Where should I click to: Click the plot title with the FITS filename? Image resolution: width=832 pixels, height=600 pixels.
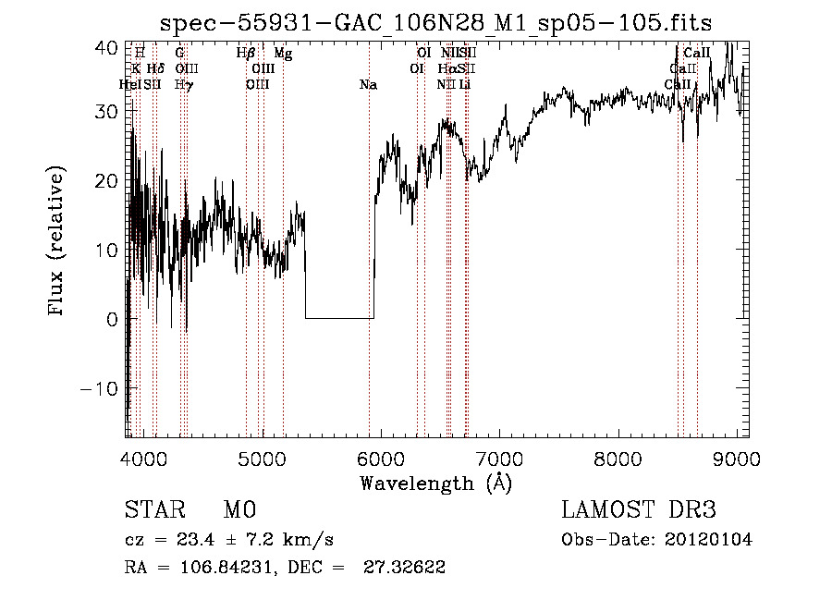436,22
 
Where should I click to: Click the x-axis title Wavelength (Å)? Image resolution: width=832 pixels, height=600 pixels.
435,483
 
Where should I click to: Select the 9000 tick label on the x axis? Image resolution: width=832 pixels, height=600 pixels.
736,458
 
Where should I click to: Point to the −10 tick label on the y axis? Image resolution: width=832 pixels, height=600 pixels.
101,388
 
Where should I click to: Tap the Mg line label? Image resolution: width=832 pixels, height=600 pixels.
283,55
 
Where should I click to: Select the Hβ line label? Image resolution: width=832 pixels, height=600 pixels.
245,55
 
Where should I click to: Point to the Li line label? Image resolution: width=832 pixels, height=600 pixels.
465,85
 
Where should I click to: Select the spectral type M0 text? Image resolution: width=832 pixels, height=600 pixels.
239,509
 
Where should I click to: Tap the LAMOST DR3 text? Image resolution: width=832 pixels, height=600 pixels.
639,509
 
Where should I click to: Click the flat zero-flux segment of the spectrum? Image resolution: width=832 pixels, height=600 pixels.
339,318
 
